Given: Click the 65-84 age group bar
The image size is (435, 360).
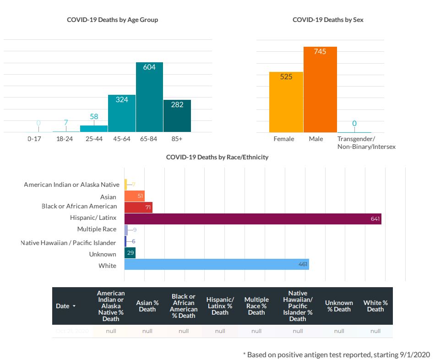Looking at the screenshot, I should (x=149, y=98).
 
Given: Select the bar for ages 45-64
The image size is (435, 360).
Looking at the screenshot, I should (x=121, y=114).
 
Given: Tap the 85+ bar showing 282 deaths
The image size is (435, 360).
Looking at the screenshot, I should (x=177, y=116).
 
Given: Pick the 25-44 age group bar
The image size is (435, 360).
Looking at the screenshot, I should (x=94, y=129).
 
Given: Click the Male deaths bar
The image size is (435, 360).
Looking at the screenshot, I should (x=320, y=90).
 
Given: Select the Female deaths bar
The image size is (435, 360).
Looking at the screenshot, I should (x=286, y=102).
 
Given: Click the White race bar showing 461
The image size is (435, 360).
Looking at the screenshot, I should (x=217, y=265).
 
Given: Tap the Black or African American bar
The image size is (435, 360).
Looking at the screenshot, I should (x=138, y=207).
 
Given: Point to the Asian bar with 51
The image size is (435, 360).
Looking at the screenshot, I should (x=134, y=196).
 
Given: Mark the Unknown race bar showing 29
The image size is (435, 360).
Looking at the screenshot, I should (x=130, y=253).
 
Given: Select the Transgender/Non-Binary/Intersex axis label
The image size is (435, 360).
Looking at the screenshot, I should (x=366, y=143).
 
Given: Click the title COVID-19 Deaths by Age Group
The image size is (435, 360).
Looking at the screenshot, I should (x=113, y=20).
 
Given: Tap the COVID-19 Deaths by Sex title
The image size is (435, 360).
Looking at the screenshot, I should (x=328, y=20).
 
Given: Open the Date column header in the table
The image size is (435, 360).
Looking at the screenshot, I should (x=65, y=306).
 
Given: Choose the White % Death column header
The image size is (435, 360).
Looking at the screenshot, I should (x=375, y=306).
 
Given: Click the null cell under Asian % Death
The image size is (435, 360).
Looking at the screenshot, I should (x=147, y=331).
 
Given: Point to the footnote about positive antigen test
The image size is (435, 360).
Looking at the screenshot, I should (x=337, y=355).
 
